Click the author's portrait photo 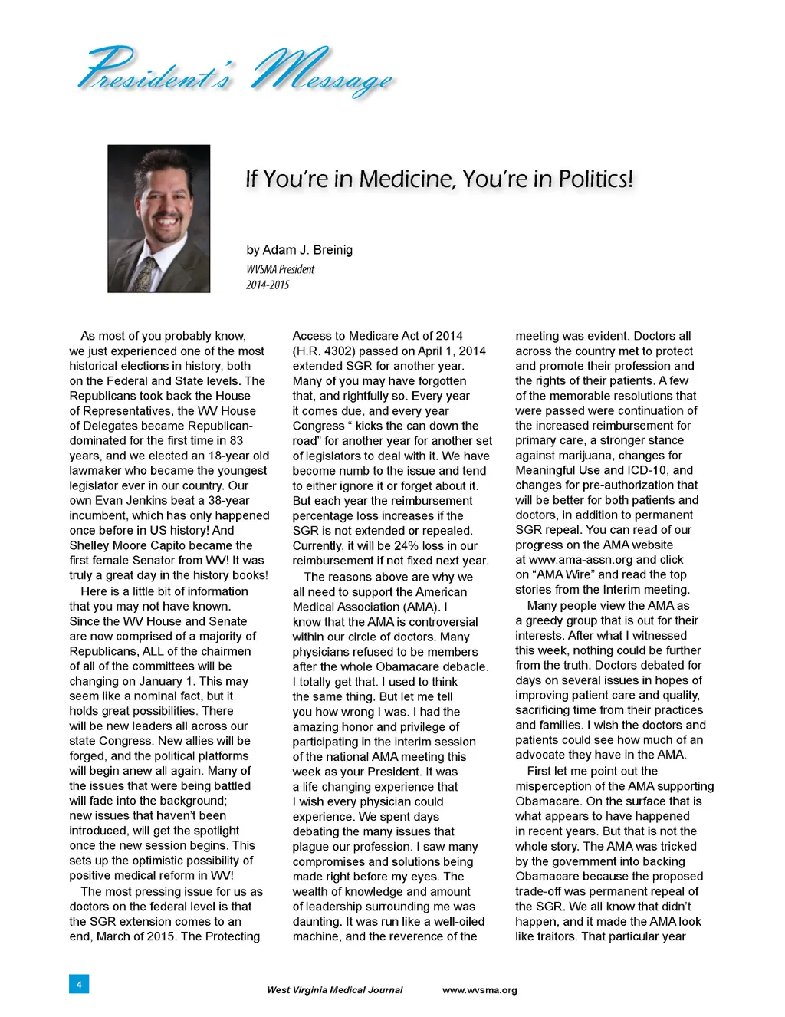coord(159,219)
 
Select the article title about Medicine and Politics coord(439,179)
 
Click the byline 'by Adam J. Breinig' coord(300,250)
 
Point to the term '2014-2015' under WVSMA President coord(268,285)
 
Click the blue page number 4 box coord(79,983)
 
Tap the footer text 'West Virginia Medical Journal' coord(334,990)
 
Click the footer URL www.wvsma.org coord(480,990)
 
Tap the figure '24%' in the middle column coord(406,545)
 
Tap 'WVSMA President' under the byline coord(280,269)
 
